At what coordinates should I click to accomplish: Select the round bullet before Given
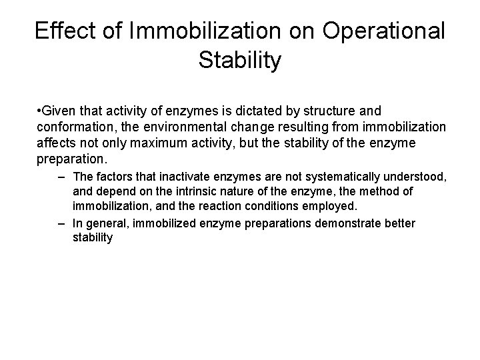[40, 110]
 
